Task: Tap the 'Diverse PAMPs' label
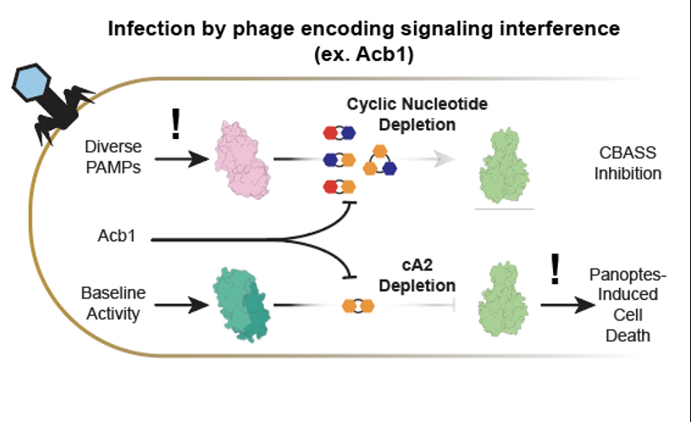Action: tap(113, 157)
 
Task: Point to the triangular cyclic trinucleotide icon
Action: tap(379, 159)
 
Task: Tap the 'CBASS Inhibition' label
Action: tap(627, 164)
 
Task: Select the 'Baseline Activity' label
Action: tap(113, 303)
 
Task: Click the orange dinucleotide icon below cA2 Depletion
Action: tap(358, 304)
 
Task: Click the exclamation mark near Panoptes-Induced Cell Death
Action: tap(556, 269)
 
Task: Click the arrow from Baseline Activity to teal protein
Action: tap(178, 303)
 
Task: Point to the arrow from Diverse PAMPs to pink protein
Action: tap(178, 157)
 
